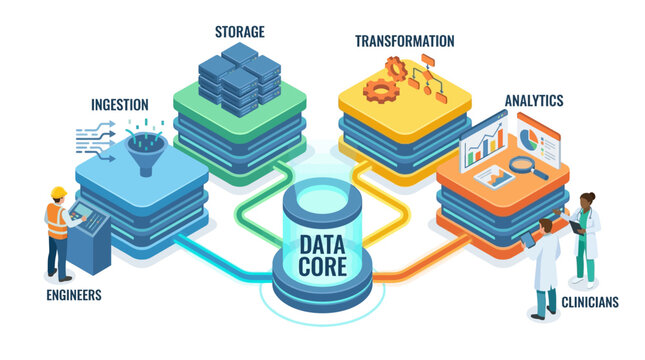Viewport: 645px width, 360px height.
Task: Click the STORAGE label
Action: click(x=240, y=31)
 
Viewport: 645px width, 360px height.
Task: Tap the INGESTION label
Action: click(x=120, y=104)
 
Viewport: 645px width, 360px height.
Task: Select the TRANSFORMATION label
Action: click(x=404, y=41)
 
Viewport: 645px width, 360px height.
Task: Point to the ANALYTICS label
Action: click(x=533, y=101)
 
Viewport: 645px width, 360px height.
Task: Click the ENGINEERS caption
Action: click(x=74, y=296)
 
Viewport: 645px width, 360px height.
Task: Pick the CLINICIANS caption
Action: click(x=589, y=302)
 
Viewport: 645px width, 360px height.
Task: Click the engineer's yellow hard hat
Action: click(x=58, y=192)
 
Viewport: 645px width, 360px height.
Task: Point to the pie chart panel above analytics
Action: click(x=539, y=135)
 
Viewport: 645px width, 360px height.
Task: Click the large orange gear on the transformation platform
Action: click(x=381, y=90)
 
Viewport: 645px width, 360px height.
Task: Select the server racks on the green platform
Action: click(x=239, y=78)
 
